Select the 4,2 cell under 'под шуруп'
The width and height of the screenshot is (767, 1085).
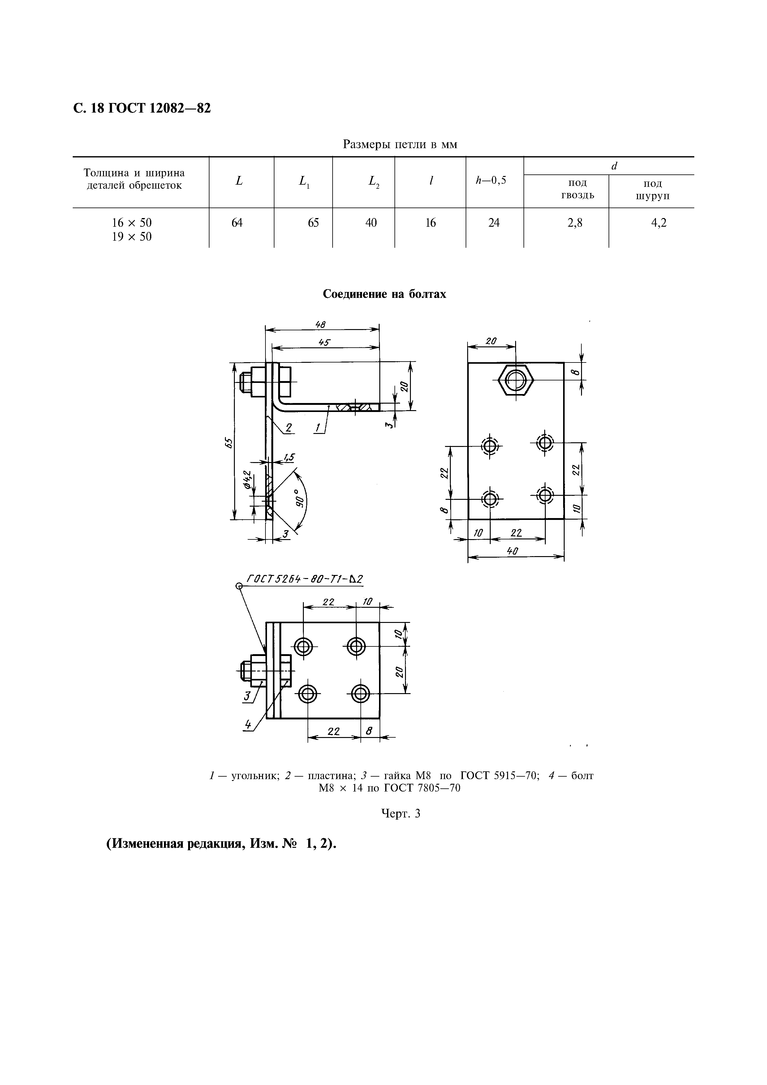659,223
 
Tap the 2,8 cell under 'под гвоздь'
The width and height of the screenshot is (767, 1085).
575,223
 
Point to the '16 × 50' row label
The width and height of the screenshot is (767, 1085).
132,223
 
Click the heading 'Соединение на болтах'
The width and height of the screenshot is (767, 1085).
384,294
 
